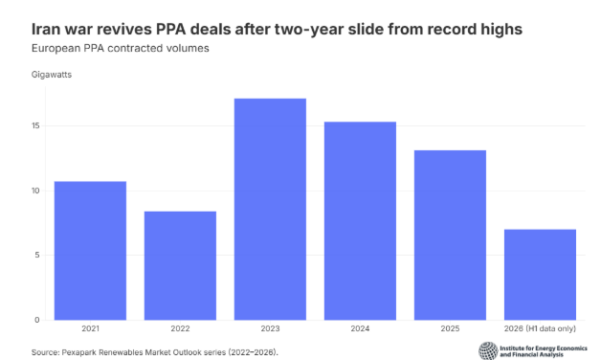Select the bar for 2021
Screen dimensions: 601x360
[90, 250]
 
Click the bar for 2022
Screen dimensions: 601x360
[180, 265]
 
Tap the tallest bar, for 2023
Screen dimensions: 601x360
[270, 209]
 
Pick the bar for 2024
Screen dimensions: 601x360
[360, 221]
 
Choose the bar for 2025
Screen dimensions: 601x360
[450, 235]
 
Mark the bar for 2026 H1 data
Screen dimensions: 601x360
[540, 275]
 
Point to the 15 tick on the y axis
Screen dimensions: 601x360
[35, 125]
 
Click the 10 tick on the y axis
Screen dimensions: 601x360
[35, 191]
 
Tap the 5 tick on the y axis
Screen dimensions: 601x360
[37, 255]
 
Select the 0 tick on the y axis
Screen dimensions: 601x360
[37, 320]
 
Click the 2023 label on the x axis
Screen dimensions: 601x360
[270, 328]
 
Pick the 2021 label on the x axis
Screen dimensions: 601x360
[90, 328]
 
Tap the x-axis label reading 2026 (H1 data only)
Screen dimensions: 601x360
[540, 328]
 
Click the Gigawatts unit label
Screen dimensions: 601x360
[52, 75]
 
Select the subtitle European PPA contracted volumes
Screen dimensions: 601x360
[120, 48]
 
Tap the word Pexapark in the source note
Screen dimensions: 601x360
[79, 352]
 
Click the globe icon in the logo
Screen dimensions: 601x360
[488, 350]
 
